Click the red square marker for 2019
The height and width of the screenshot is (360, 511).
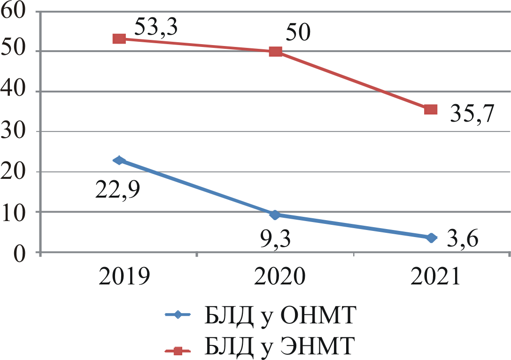[119, 38]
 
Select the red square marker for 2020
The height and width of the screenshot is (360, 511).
[276, 51]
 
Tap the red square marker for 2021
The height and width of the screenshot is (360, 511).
[431, 109]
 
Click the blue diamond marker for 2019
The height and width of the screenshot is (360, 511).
[119, 161]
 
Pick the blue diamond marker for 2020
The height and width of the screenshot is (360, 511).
[276, 215]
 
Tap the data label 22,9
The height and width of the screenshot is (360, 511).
[119, 189]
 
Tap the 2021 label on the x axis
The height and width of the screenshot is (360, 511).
[435, 277]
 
